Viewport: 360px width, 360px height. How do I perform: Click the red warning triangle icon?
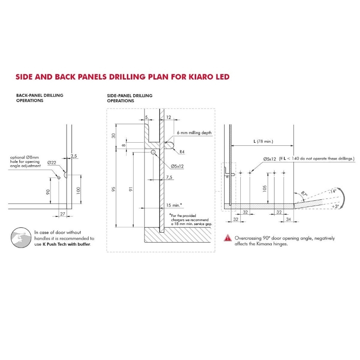pos(228,238)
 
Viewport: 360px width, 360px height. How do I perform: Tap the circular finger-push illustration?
pos(21,238)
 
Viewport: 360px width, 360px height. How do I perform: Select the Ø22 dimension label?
pos(52,162)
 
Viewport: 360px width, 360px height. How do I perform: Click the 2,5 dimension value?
pos(74,156)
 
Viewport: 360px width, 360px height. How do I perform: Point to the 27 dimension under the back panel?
pos(63,214)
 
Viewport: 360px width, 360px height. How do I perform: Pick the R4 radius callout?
pos(182,152)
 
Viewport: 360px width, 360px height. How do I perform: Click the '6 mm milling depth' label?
pos(194,133)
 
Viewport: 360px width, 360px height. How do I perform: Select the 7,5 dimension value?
pos(169,177)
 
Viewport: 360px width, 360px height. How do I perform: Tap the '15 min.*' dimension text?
pos(174,205)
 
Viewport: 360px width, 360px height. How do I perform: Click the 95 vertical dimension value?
pos(113,189)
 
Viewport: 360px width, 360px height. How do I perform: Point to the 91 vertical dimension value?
pos(130,189)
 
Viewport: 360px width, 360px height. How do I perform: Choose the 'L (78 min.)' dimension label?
pos(263,141)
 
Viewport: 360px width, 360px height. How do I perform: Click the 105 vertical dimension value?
pos(265,189)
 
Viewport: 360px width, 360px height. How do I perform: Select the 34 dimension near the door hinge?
pos(288,219)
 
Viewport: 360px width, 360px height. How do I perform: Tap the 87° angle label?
pos(304,193)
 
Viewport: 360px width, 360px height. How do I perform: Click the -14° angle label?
pos(332,191)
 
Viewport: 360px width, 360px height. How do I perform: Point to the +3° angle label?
pos(335,207)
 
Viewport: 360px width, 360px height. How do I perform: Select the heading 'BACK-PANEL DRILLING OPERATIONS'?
pos(40,98)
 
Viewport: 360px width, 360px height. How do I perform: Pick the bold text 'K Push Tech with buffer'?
pos(67,244)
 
